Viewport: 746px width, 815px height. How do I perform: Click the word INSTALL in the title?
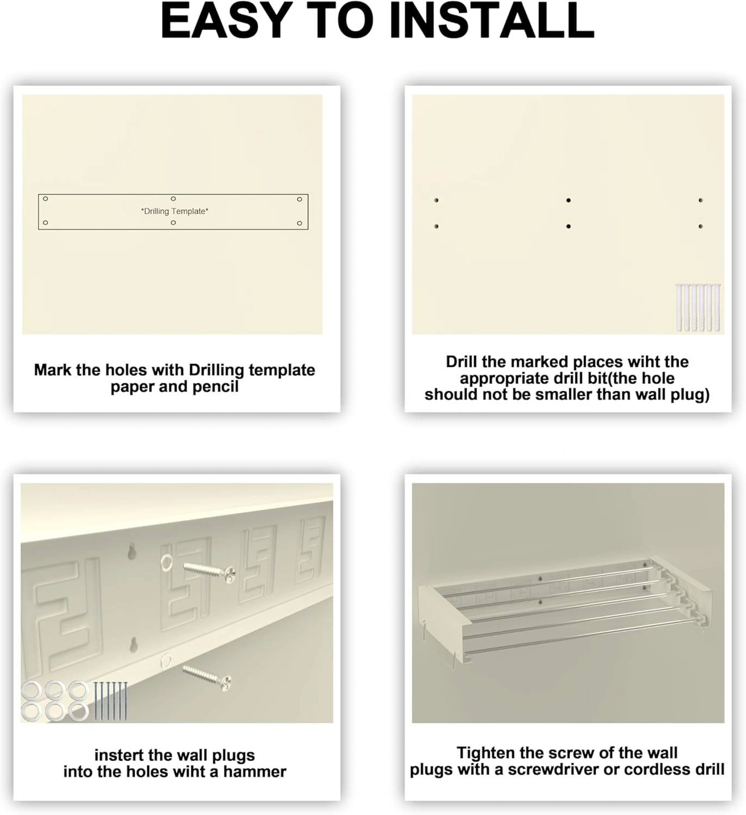click(x=493, y=21)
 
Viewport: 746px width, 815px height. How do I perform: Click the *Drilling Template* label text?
click(x=174, y=211)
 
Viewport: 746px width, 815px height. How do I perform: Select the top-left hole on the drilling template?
click(x=45, y=199)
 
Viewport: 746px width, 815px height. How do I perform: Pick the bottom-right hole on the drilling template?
click(x=300, y=223)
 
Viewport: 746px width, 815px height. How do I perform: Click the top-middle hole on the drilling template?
click(x=173, y=199)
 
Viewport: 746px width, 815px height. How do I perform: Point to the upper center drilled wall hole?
click(x=568, y=200)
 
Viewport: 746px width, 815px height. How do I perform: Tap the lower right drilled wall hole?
click(x=701, y=226)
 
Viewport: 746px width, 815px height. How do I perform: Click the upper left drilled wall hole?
click(x=436, y=200)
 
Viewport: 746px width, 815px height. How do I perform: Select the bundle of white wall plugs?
click(x=698, y=307)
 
